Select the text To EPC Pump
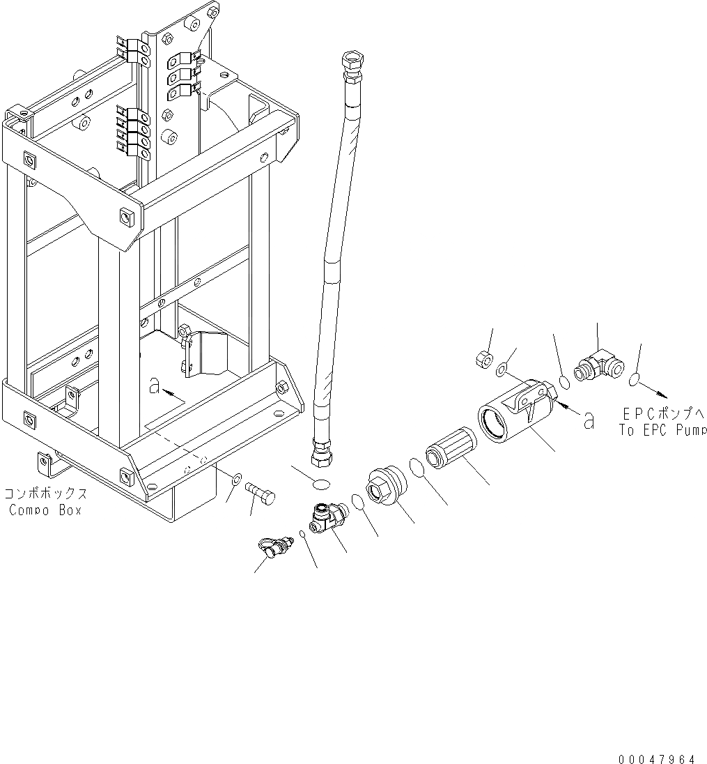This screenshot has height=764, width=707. click(x=662, y=431)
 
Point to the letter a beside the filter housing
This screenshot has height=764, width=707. click(x=589, y=420)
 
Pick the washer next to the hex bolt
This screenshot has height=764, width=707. click(x=236, y=479)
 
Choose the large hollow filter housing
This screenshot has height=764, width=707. click(x=515, y=415)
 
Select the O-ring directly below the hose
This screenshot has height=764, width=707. click(x=322, y=484)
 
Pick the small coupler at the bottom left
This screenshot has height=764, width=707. click(x=272, y=549)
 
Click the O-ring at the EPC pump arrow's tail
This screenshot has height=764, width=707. click(x=635, y=380)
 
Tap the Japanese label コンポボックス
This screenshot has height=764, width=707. click(x=46, y=494)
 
